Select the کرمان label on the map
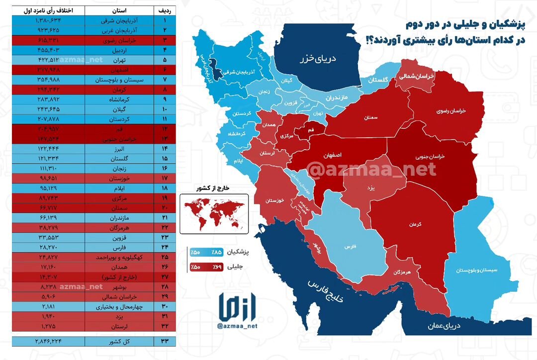pyautogui.click(x=416, y=225)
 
